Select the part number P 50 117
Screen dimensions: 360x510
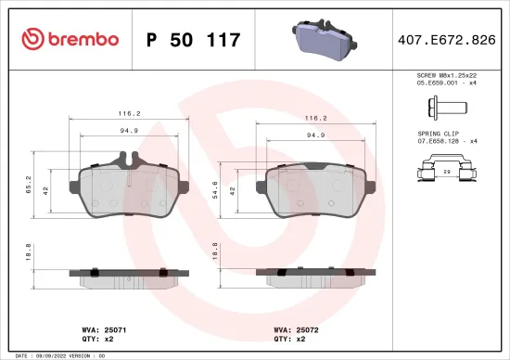point(194,40)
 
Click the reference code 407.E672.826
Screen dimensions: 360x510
point(445,40)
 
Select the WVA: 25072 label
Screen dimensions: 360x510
point(295,329)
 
